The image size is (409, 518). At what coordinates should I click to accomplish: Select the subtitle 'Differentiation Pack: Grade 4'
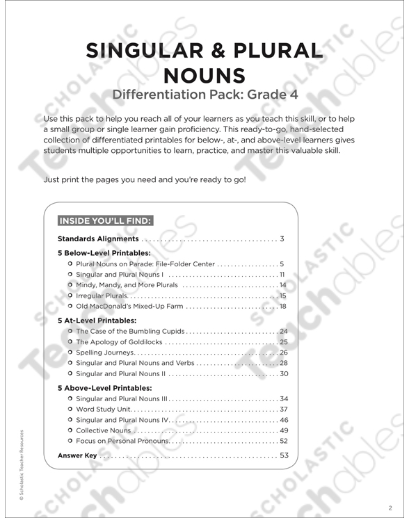point(204,95)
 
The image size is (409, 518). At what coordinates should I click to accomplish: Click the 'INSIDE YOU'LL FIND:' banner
point(105,221)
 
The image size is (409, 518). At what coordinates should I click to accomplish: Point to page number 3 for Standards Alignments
point(282,239)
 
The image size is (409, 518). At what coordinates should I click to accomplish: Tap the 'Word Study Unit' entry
point(104,410)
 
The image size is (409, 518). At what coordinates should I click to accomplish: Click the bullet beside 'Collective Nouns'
point(70,430)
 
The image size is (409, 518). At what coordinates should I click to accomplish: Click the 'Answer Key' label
point(77,456)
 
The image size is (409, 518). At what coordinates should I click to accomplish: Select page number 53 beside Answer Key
point(283,456)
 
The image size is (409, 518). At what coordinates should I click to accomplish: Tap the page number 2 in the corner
point(391,506)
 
